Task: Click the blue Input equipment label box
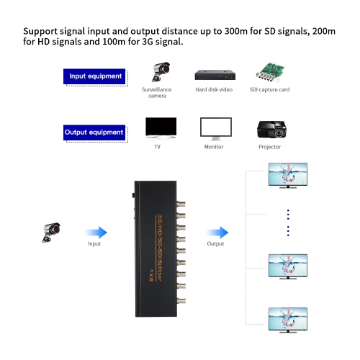click(94, 76)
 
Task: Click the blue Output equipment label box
click(94, 132)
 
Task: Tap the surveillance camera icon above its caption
click(161, 72)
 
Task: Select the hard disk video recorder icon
click(215, 75)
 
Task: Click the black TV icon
click(161, 128)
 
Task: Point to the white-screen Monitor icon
click(216, 129)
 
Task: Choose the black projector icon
click(271, 129)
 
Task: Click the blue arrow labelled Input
click(96, 233)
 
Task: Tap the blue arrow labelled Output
click(217, 233)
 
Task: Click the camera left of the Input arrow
click(51, 233)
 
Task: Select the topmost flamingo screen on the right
click(288, 175)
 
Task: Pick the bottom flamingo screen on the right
click(288, 320)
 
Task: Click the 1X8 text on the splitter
click(151, 275)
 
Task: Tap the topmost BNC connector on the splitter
click(181, 204)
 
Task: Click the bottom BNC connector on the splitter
click(181, 300)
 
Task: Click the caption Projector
click(270, 147)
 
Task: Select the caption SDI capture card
click(270, 89)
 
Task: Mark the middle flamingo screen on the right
click(288, 266)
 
